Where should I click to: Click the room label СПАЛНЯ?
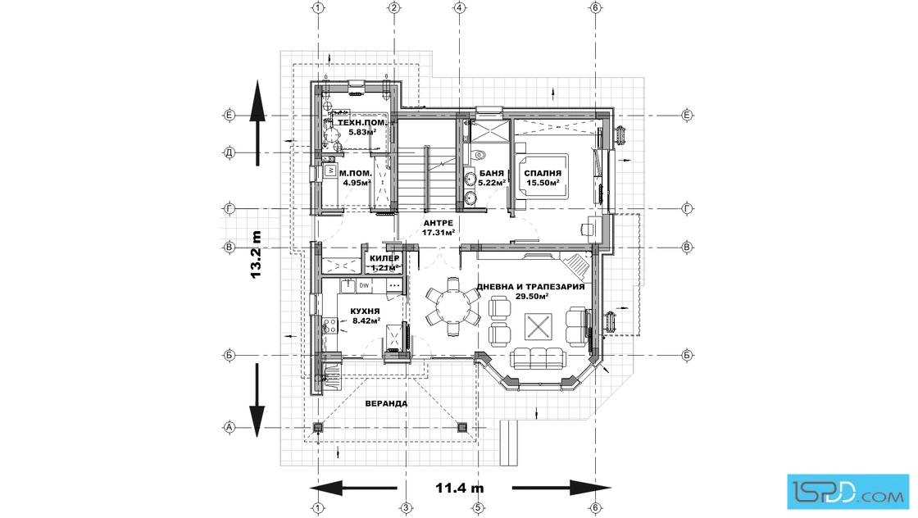(x=542, y=174)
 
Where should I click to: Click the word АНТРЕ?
(x=439, y=223)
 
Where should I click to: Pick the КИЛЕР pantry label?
(x=384, y=258)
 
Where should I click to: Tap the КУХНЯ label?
(x=364, y=311)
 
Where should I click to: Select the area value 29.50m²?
(x=531, y=297)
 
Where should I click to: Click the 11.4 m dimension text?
(x=459, y=488)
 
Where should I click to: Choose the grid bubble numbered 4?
(x=460, y=7)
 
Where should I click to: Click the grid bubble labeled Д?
(x=230, y=152)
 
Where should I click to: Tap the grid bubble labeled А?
(x=230, y=427)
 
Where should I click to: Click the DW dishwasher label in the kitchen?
(x=364, y=284)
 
